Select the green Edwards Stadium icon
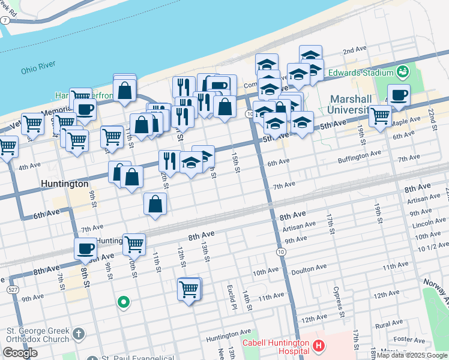pyautogui.click(x=403, y=73)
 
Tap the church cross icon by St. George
pyautogui.click(x=78, y=334)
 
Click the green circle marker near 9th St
pyautogui.click(x=124, y=302)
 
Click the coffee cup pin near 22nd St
pyautogui.click(x=398, y=94)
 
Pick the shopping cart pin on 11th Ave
pyautogui.click(x=189, y=289)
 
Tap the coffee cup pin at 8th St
pyautogui.click(x=85, y=248)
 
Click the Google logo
pyautogui.click(x=20, y=353)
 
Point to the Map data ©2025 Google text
pyautogui.click(x=412, y=356)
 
